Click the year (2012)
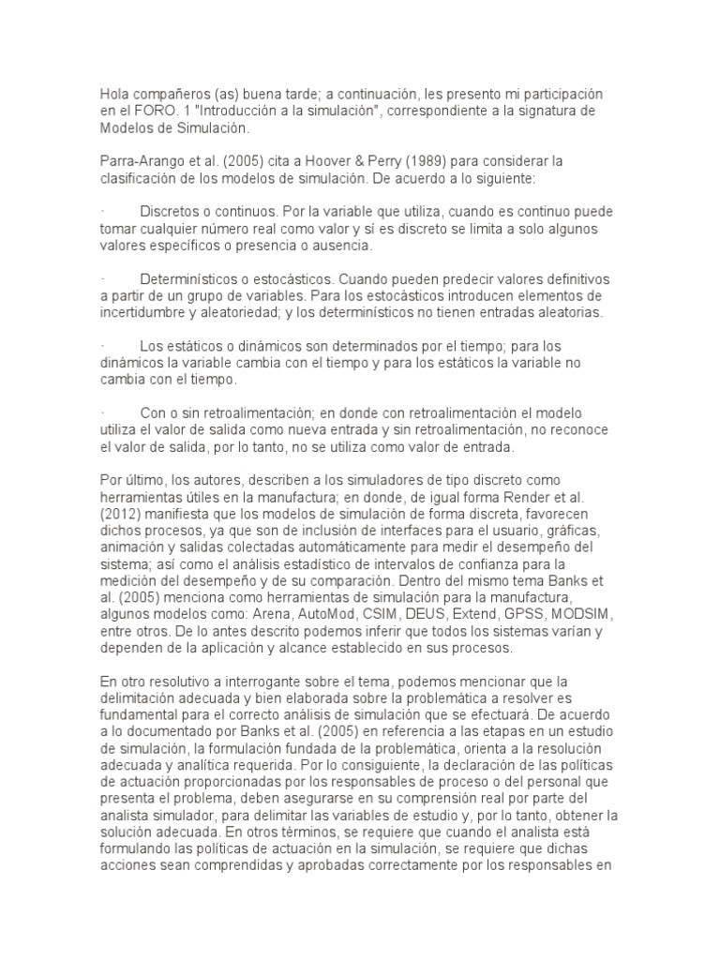(125, 513)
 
